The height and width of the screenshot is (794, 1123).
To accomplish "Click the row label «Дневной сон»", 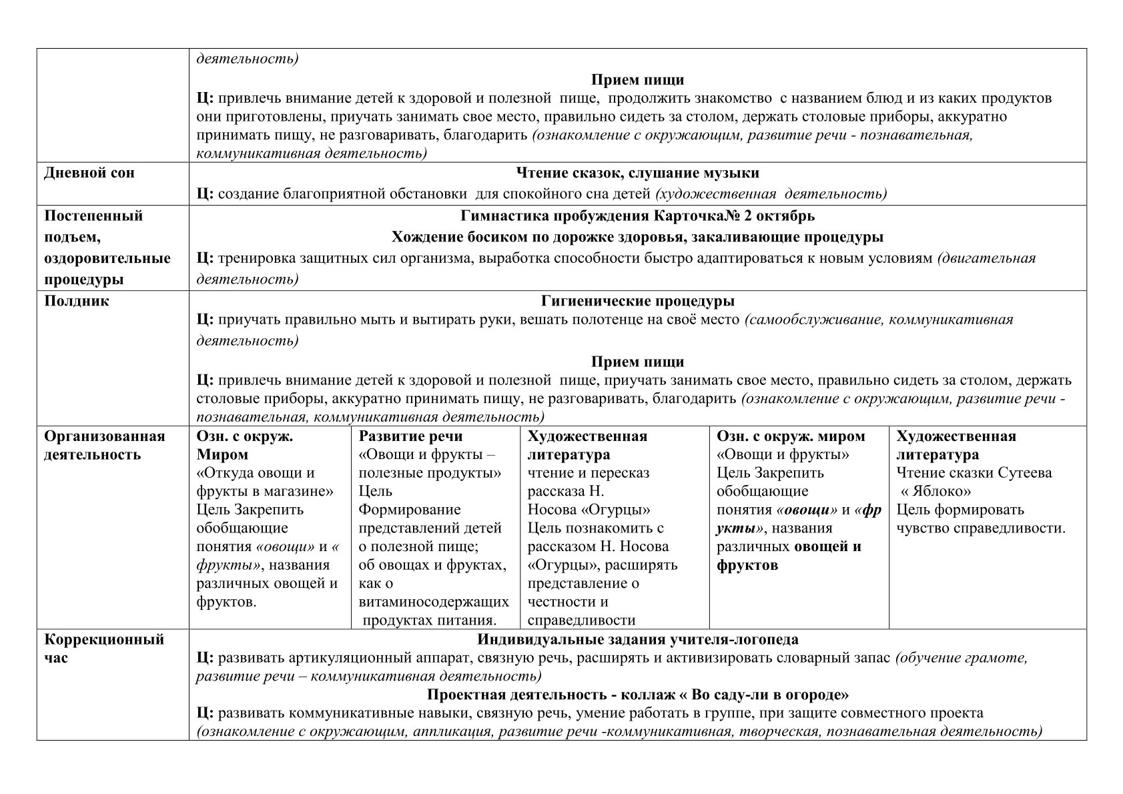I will click(x=89, y=173).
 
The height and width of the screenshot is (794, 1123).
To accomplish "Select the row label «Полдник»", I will click(x=77, y=301).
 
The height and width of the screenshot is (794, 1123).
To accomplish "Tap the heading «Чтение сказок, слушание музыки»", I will click(x=637, y=173).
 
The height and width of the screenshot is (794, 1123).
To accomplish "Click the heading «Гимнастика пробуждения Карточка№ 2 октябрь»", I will click(x=637, y=216).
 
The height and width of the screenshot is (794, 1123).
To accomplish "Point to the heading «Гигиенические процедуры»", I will click(x=637, y=301).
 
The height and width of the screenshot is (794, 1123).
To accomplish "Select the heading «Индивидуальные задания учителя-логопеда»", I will click(x=637, y=640).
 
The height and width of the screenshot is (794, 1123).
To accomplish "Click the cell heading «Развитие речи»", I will click(x=410, y=436).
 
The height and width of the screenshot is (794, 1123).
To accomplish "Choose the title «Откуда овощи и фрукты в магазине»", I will click(x=264, y=482).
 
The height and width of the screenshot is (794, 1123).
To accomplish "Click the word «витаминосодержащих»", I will click(x=434, y=602).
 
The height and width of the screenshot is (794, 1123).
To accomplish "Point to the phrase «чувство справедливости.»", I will click(x=980, y=528).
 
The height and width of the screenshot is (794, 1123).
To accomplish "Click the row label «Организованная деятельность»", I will click(x=104, y=446).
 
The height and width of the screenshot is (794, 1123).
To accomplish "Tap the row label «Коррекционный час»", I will click(x=104, y=649).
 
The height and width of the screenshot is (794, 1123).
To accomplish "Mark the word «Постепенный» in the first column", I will click(x=93, y=216).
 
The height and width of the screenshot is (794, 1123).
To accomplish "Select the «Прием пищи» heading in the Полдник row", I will click(x=637, y=362).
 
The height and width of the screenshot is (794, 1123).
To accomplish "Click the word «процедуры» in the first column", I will click(x=79, y=280).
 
